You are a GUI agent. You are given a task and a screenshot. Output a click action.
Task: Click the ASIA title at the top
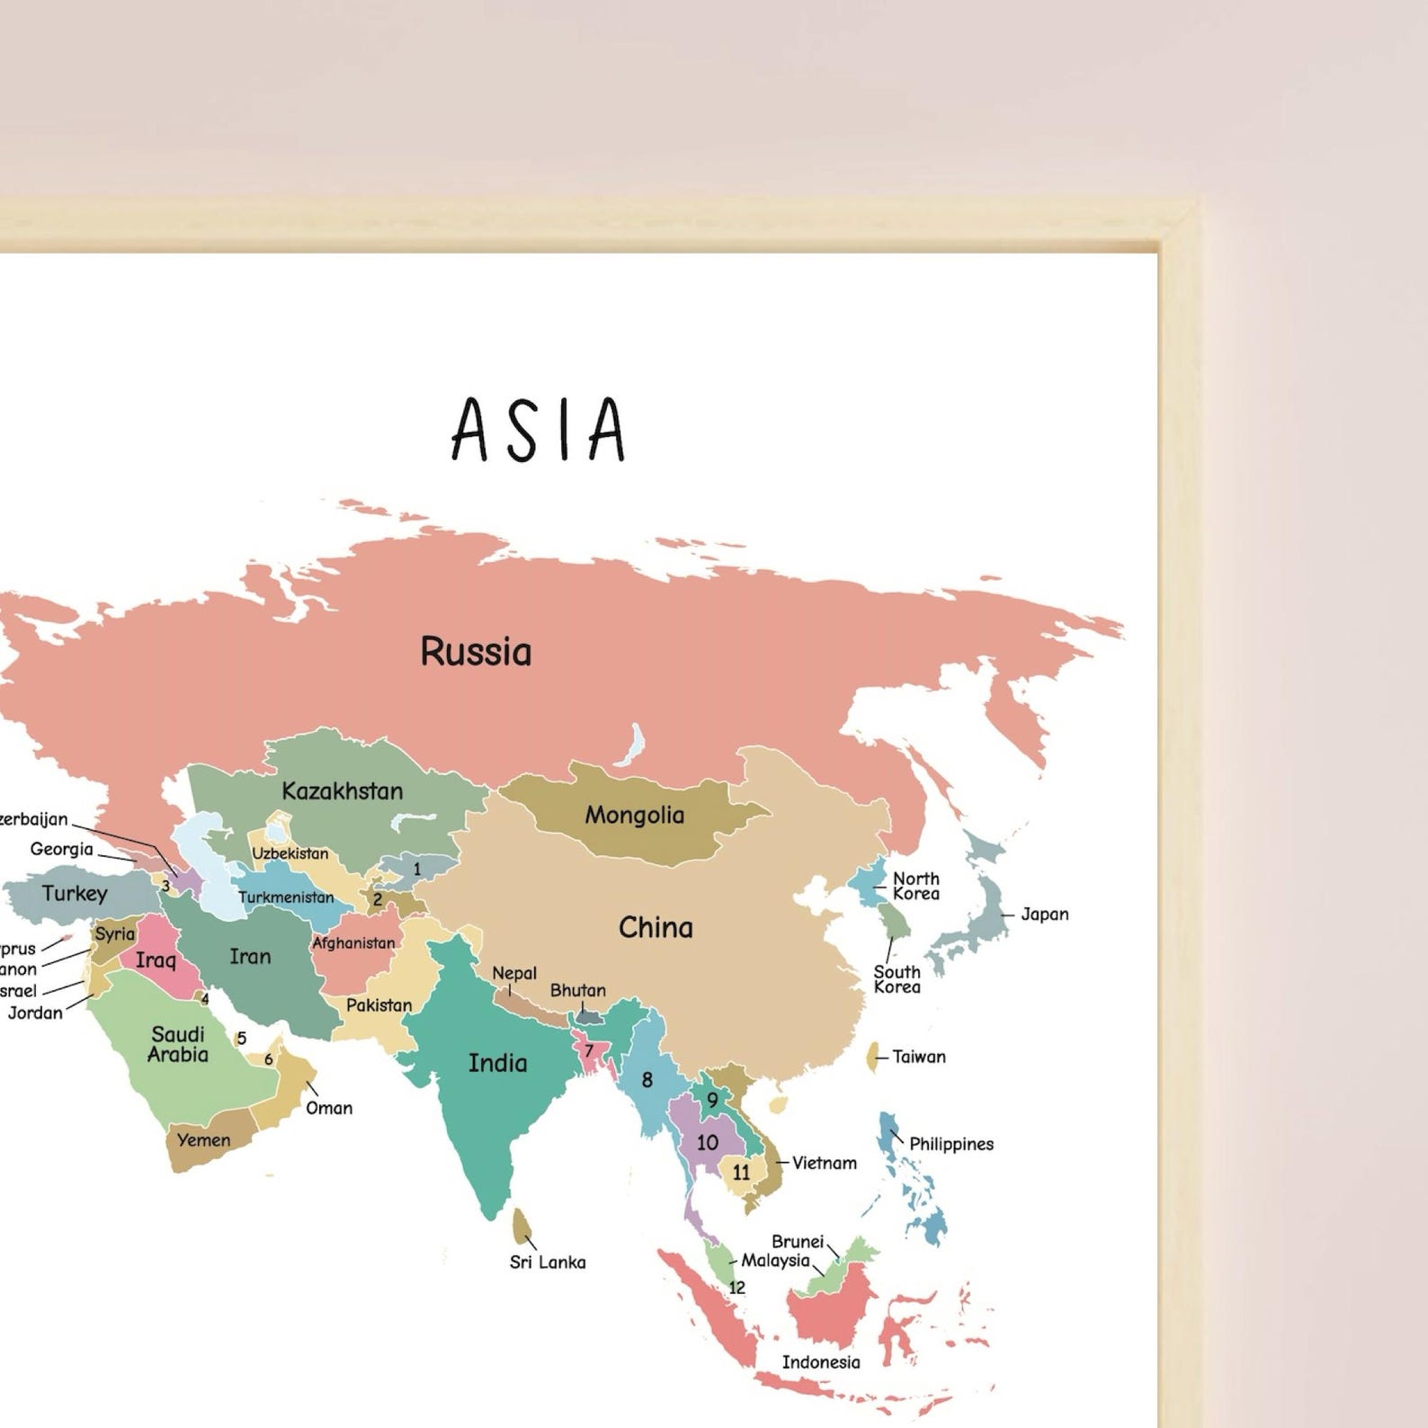(539, 429)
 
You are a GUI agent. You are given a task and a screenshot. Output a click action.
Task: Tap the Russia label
(476, 651)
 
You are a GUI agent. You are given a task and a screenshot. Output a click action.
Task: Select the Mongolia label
(634, 815)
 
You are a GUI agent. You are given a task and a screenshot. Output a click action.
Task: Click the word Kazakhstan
(342, 791)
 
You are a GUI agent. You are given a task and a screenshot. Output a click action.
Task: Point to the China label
(656, 927)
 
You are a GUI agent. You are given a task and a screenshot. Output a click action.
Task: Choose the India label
(497, 1063)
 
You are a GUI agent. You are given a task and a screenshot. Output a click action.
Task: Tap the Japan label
(1044, 915)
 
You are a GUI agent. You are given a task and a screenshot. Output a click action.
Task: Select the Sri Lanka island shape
(521, 1225)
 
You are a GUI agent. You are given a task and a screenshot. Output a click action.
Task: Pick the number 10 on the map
(708, 1142)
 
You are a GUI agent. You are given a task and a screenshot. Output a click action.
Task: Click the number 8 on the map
(647, 1080)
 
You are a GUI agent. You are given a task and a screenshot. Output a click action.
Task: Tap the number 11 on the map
(741, 1173)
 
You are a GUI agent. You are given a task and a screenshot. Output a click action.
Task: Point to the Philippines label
(951, 1144)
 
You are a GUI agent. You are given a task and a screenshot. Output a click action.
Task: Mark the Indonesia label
(820, 1361)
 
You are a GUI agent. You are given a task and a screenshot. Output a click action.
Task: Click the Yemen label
(203, 1140)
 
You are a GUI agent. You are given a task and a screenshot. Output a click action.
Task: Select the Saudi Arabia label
(178, 1044)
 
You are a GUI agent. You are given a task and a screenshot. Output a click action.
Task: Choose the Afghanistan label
(353, 943)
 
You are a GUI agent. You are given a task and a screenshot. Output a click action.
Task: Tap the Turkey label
(75, 893)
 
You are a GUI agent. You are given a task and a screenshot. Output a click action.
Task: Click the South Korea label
(897, 979)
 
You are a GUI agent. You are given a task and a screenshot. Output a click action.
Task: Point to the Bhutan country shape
(589, 1016)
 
